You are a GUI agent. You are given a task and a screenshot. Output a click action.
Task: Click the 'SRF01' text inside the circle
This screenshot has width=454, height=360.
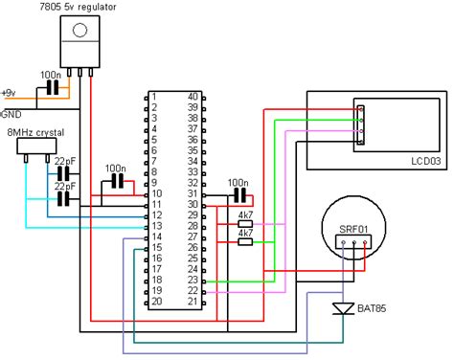pos(353,230)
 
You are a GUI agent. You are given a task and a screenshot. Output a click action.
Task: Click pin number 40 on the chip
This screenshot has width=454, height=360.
pos(193,97)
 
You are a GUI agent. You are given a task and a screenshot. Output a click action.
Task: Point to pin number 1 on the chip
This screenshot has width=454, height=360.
pos(153,97)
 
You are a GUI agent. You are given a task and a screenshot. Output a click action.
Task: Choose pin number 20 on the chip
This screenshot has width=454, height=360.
pos(153,302)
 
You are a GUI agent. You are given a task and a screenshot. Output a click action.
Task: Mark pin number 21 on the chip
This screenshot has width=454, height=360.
pos(193,302)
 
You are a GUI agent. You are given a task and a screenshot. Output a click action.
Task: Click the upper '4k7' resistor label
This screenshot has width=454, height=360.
pos(244,215)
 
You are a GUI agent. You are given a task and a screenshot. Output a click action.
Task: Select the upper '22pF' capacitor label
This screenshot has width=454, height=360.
pos(66,161)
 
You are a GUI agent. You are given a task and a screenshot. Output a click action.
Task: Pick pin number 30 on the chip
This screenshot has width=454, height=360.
pos(193,205)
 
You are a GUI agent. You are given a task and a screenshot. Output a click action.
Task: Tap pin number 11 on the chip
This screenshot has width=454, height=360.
pos(153,205)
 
